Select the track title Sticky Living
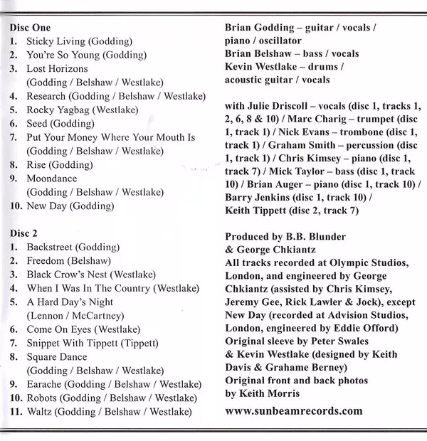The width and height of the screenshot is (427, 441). click(x=54, y=41)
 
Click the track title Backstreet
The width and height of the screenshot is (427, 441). click(x=51, y=246)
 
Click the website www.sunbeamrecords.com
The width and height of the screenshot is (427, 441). click(x=293, y=410)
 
